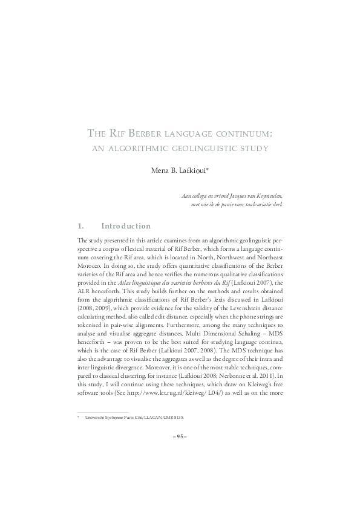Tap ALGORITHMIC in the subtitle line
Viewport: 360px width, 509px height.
[x=155, y=147]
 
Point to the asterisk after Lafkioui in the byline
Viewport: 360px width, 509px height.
[x=208, y=170]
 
